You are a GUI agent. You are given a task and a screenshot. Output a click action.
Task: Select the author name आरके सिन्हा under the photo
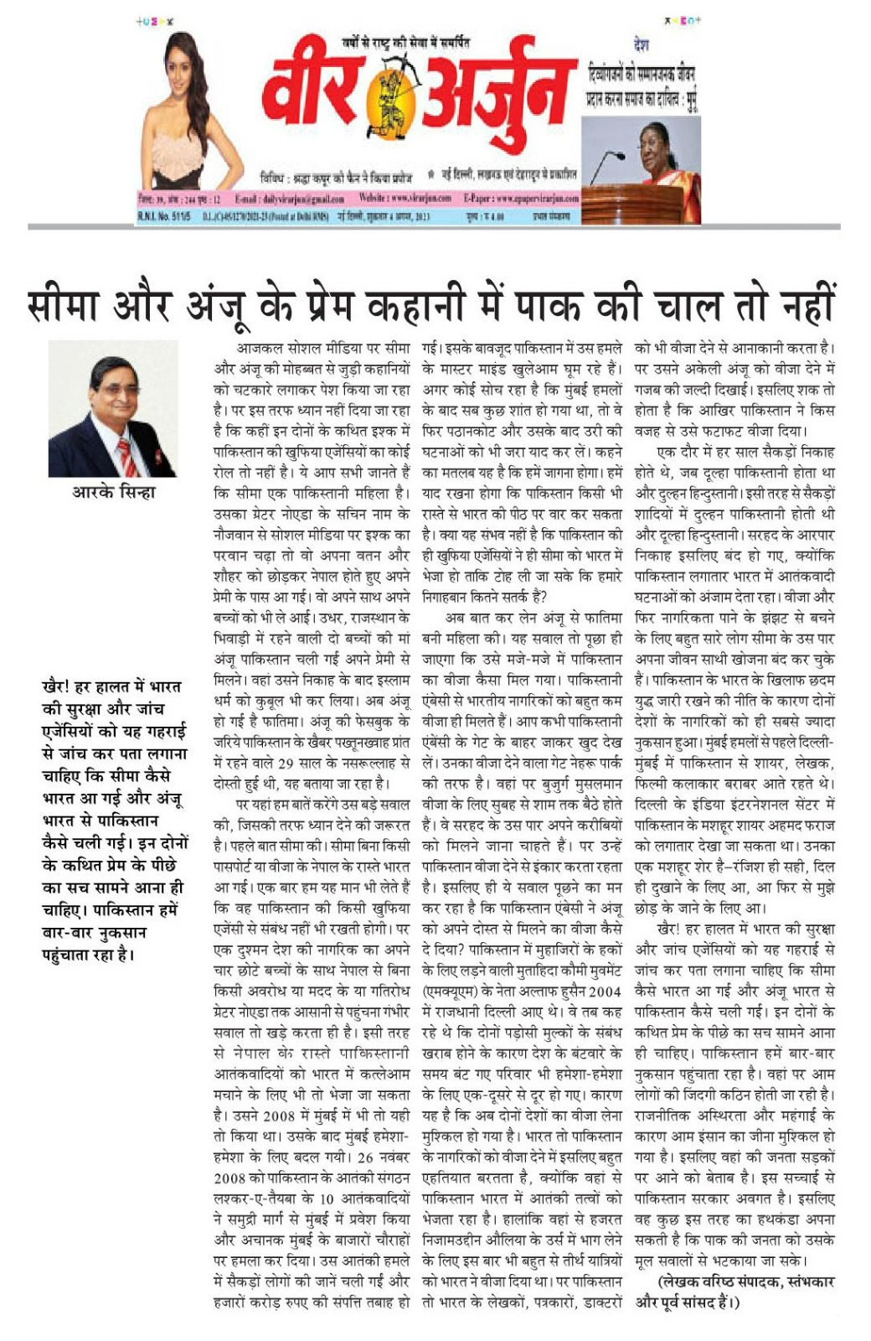[113, 492]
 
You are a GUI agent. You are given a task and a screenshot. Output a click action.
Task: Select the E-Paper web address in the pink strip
[521, 199]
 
